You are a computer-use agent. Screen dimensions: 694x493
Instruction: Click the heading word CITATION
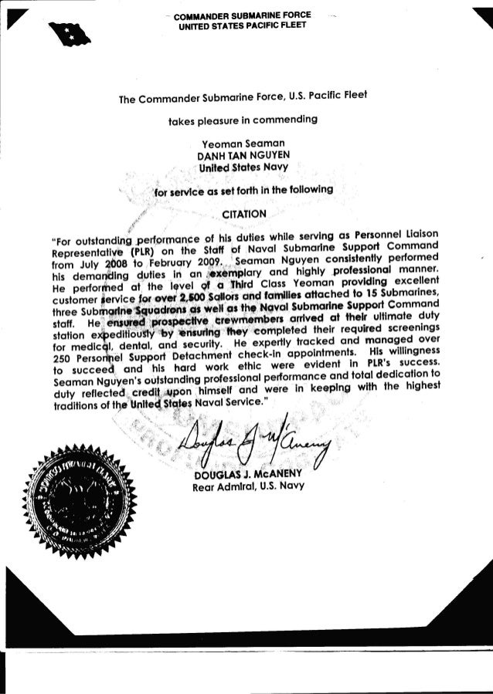pyautogui.click(x=244, y=212)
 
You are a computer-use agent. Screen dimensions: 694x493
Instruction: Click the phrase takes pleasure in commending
pyautogui.click(x=240, y=120)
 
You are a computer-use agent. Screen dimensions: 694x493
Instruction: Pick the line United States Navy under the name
pyautogui.click(x=240, y=167)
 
